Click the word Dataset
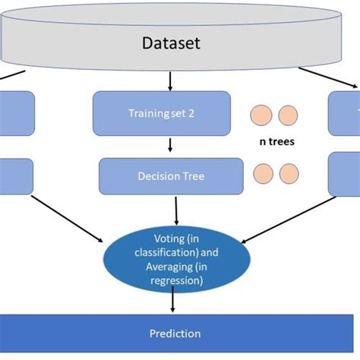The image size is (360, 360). coord(171,43)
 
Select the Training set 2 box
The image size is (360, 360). coord(161,114)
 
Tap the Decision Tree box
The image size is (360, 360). coord(171,176)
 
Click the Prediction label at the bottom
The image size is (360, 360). coord(175,333)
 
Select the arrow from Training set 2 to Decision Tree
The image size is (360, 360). coord(170,145)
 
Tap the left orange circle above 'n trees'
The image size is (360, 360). coord(261,115)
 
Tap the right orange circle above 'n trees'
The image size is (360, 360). coord(288,115)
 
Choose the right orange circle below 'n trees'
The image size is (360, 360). coord(288,174)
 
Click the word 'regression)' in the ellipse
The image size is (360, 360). coord(176,280)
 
